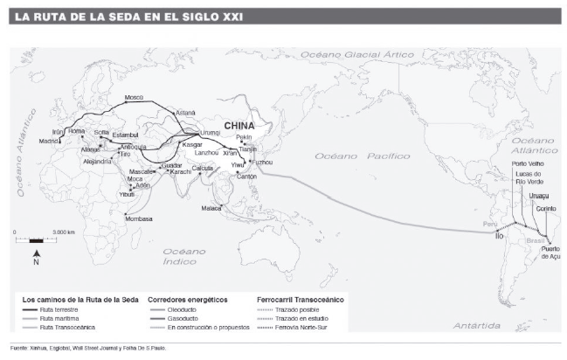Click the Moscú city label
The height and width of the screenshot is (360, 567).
134,98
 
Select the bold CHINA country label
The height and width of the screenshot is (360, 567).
239,125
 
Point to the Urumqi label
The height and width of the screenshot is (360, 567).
211,132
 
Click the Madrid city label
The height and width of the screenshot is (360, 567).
49,141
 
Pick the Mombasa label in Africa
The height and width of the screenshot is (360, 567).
139,218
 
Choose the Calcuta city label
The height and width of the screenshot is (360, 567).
203,167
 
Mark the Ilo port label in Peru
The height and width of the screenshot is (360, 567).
500,236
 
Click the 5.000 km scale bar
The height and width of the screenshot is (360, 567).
31,239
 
